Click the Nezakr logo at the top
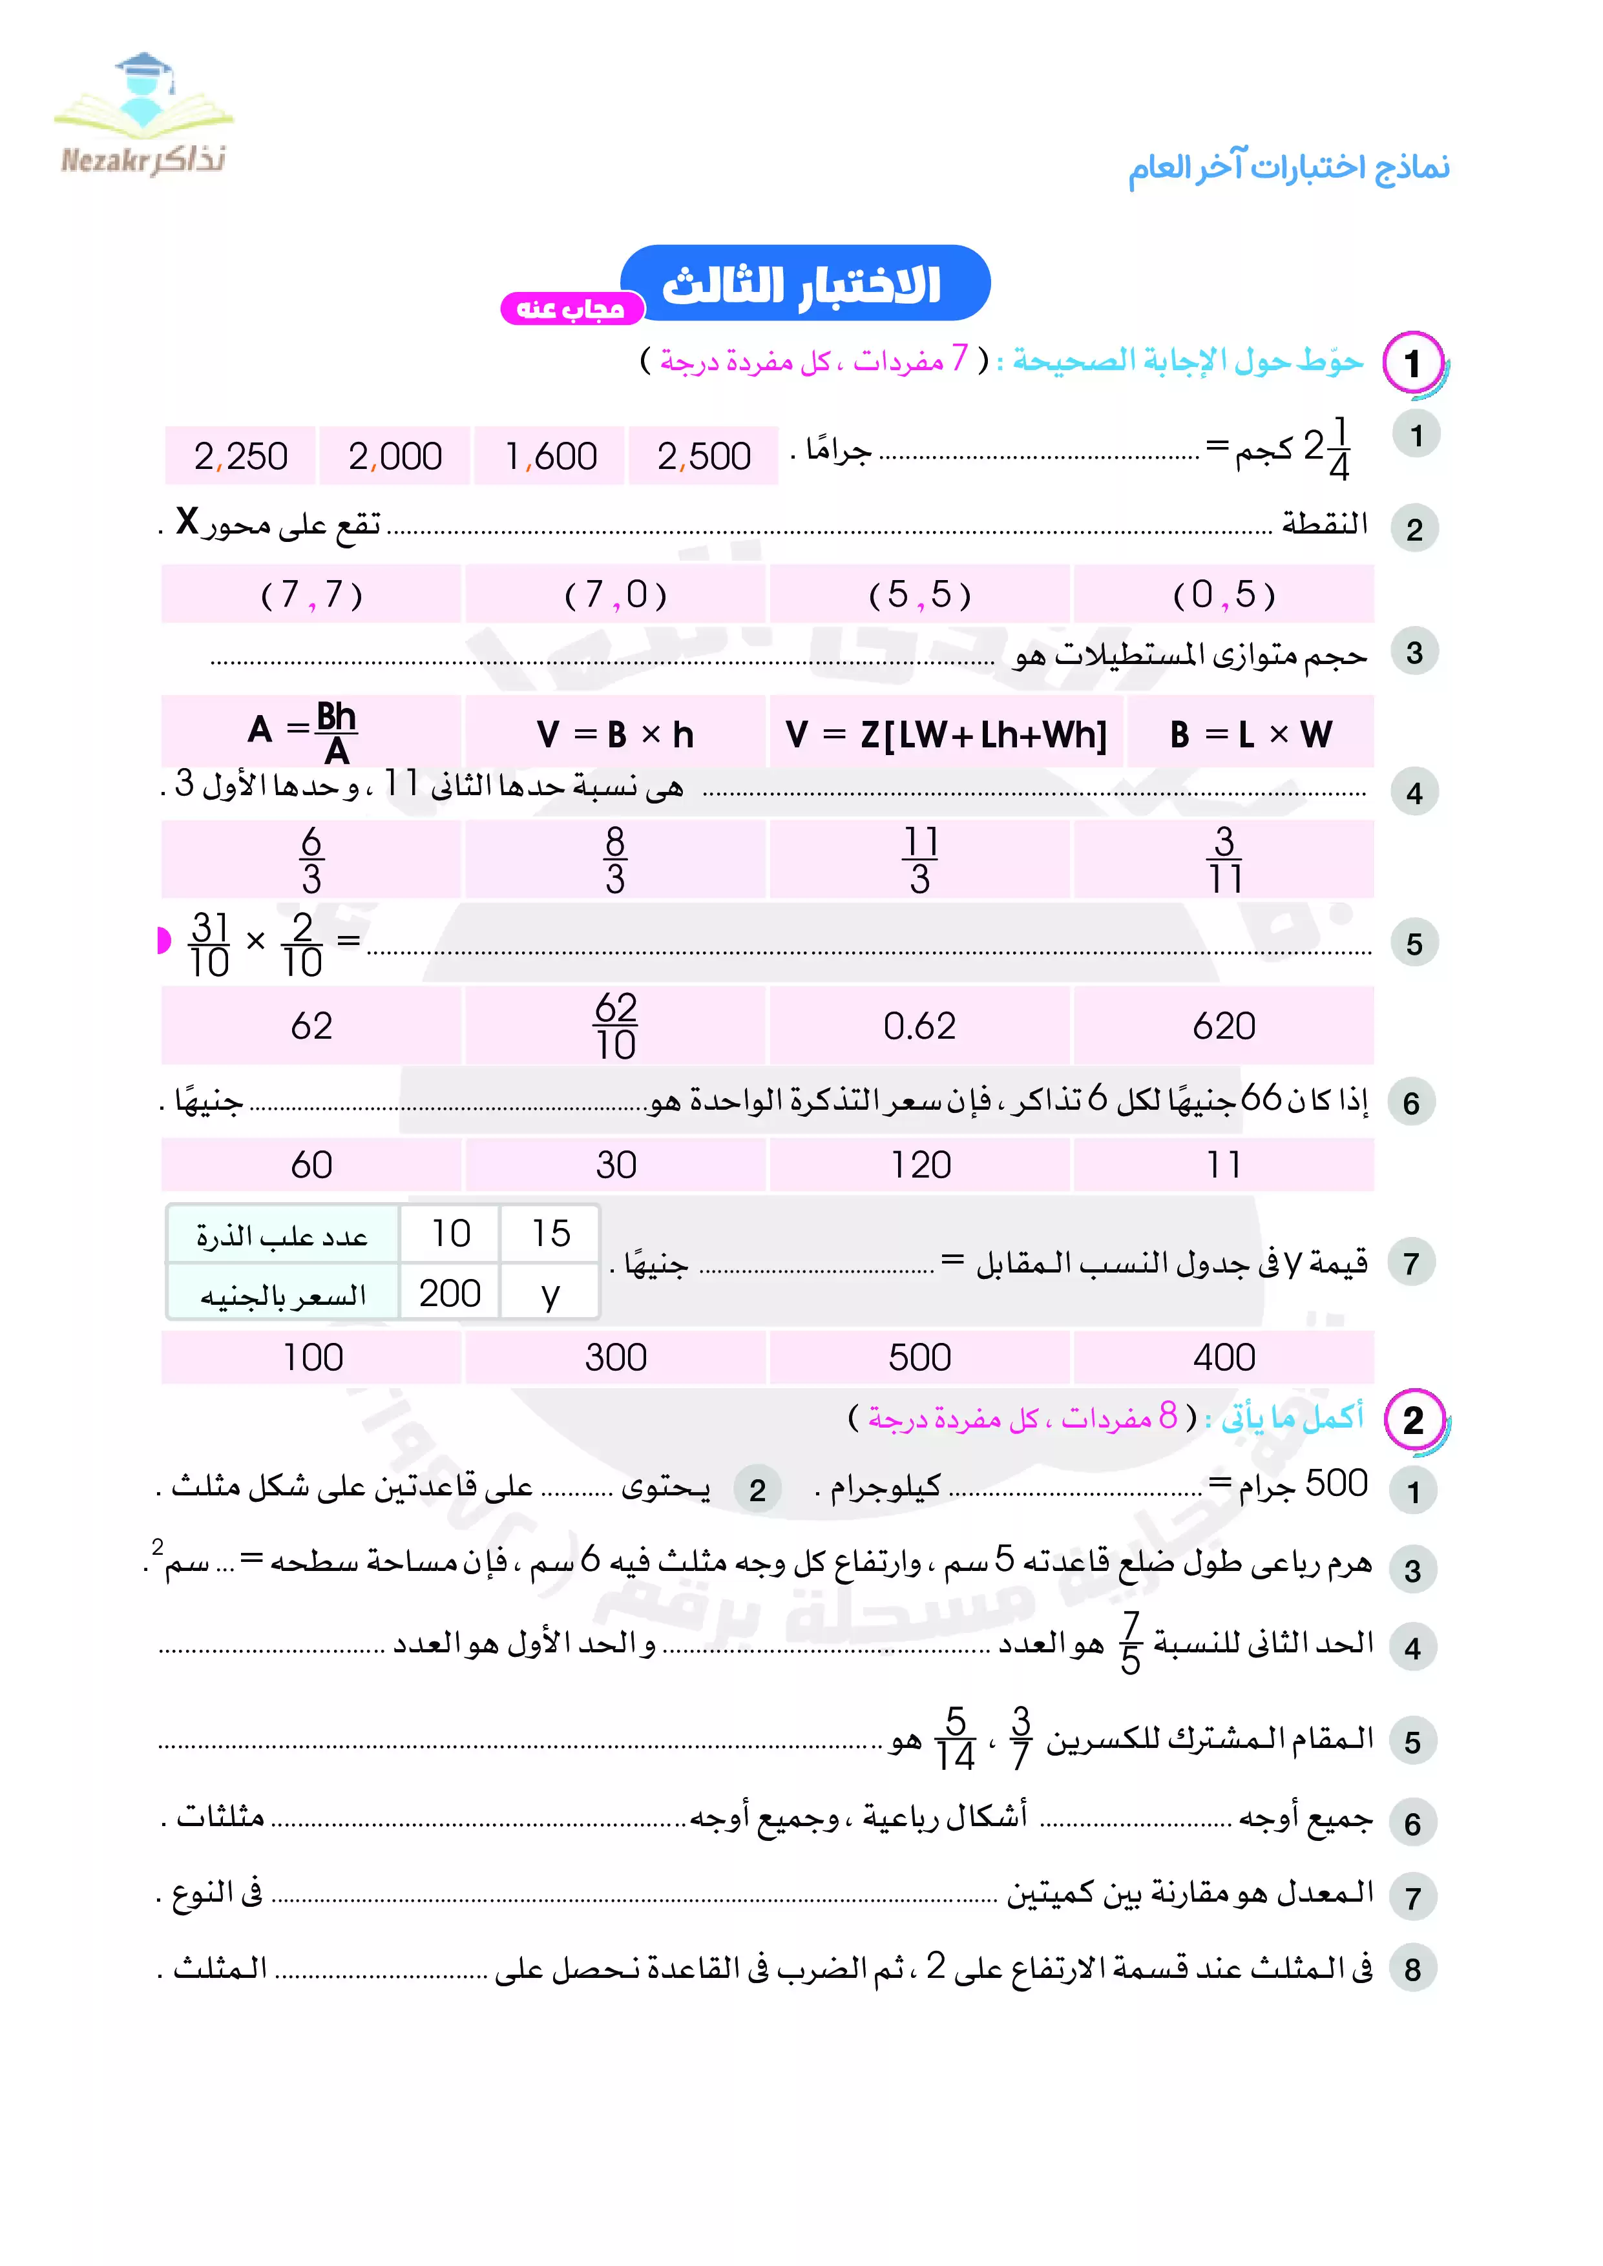point(143,116)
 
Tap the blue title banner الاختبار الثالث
point(804,284)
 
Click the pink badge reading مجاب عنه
point(571,309)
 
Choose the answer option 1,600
point(550,456)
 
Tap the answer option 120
point(920,1165)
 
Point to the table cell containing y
point(550,1293)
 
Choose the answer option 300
point(615,1358)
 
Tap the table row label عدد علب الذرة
point(282,1234)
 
